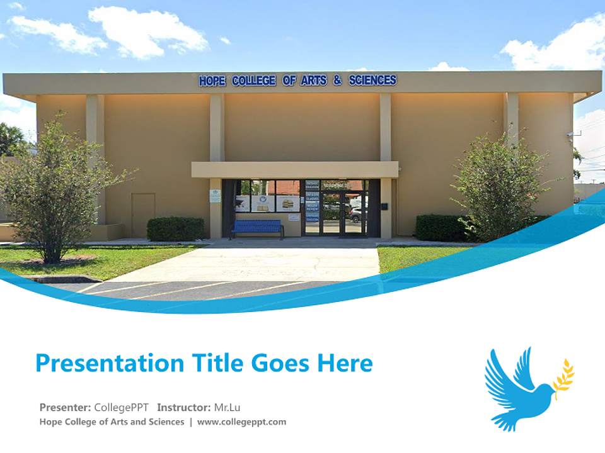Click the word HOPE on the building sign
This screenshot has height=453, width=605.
tap(213, 81)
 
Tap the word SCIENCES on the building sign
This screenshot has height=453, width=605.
tap(372, 80)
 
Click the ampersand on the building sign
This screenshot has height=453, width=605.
tap(337, 81)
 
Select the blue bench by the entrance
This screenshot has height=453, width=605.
tap(257, 228)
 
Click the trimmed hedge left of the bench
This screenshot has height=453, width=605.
tap(176, 229)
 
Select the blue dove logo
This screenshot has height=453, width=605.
tap(517, 390)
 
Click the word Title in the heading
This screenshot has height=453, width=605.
tap(219, 363)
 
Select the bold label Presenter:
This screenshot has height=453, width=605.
tap(66, 407)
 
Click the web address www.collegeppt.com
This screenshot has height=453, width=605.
tap(241, 422)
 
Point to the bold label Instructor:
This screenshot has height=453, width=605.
tap(184, 407)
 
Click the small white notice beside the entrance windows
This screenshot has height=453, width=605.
tap(215, 196)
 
